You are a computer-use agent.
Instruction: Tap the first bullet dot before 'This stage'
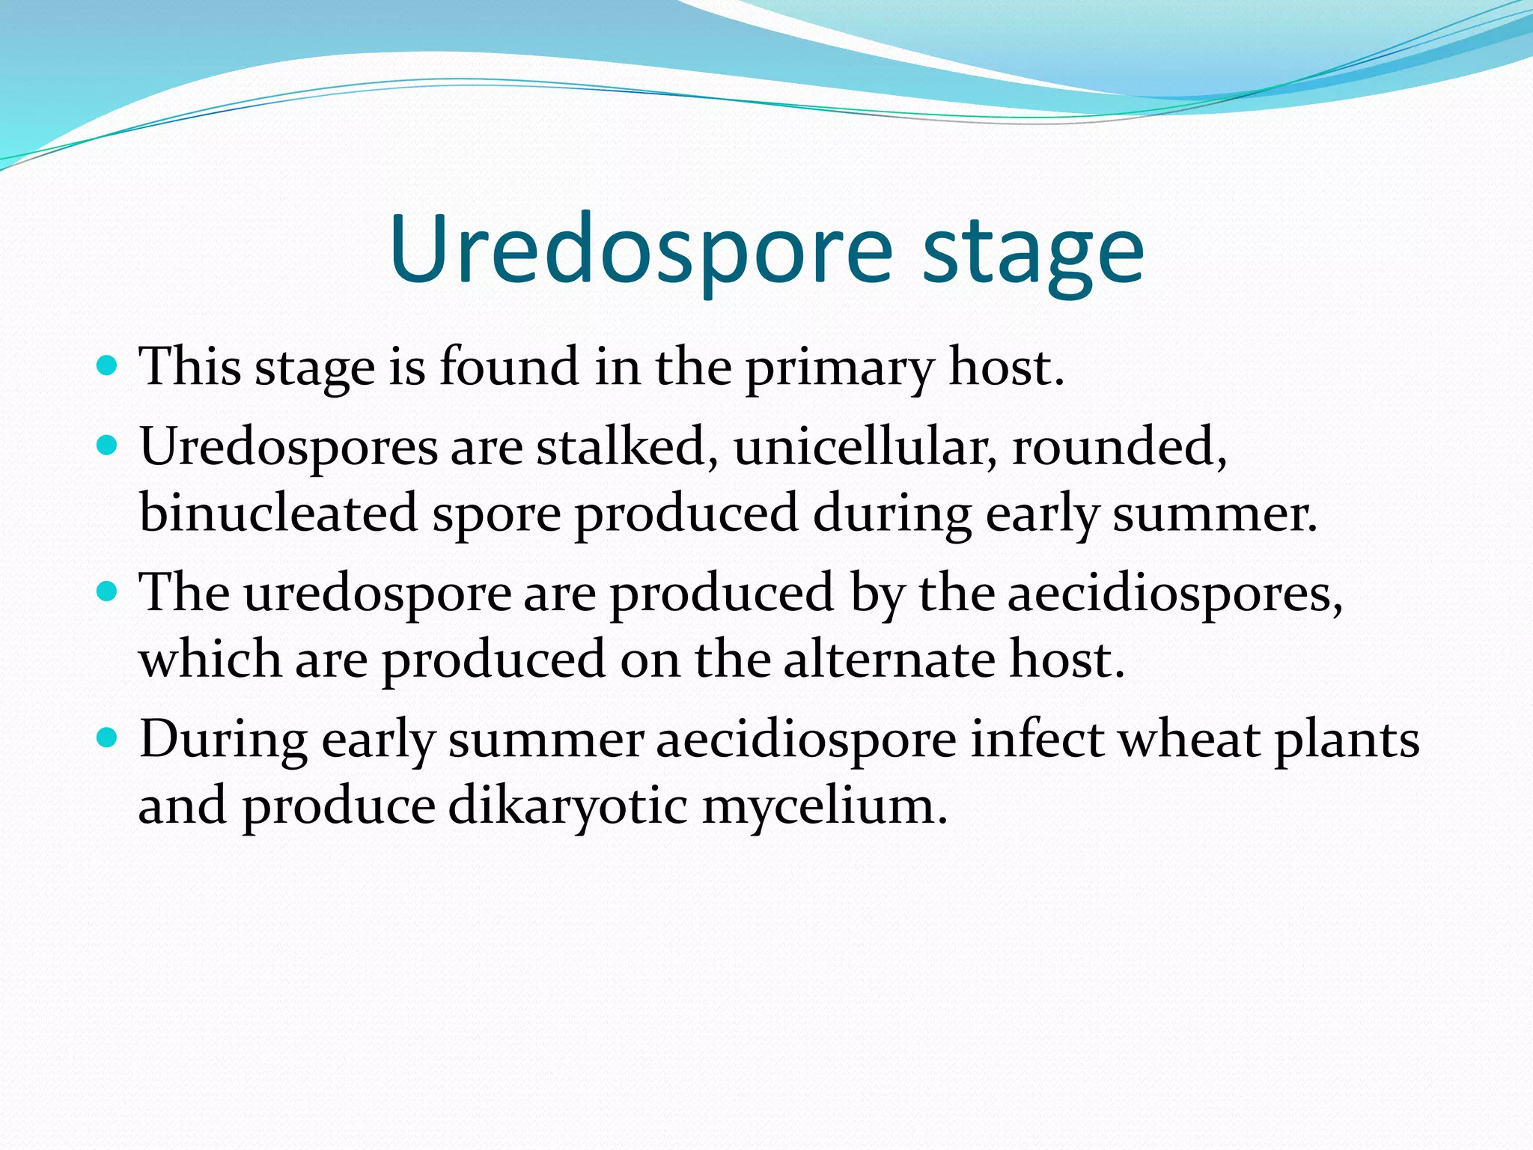click(108, 366)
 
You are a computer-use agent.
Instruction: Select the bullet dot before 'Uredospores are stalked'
click(108, 446)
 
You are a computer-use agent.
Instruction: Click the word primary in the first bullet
click(840, 368)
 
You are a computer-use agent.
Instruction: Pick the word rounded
click(1118, 447)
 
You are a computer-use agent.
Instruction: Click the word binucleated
click(278, 514)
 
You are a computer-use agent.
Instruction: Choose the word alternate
click(889, 660)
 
